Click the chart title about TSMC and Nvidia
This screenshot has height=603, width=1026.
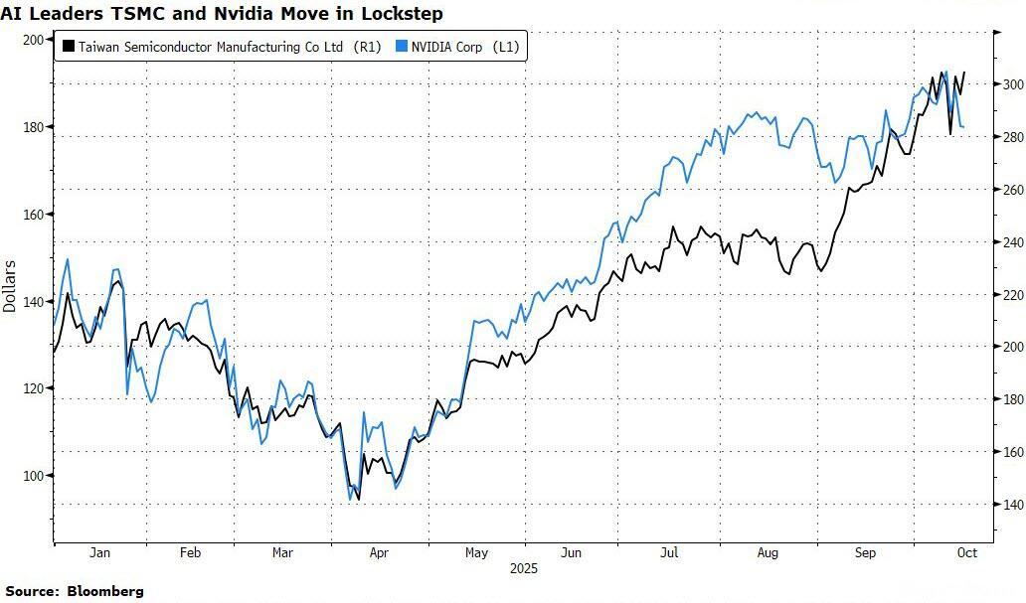point(222,14)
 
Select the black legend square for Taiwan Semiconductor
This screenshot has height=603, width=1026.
point(68,46)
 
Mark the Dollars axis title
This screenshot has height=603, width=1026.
point(10,285)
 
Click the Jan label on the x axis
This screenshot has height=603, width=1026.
point(99,552)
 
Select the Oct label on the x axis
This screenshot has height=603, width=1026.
point(967,552)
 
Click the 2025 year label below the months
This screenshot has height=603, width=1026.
point(523,569)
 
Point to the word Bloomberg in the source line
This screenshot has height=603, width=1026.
point(105,591)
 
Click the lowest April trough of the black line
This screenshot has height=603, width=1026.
point(358,499)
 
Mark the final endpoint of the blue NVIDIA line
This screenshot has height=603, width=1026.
point(963,127)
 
